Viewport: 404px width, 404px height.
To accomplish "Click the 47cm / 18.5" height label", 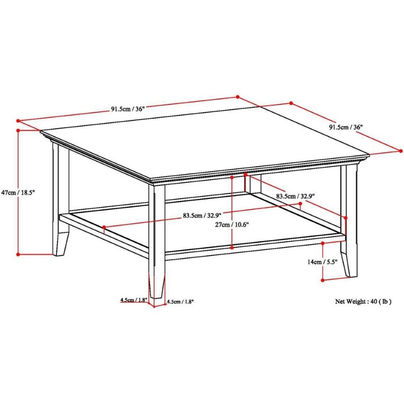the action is tap(18, 192).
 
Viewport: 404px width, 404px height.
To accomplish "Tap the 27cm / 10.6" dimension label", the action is tap(232, 225).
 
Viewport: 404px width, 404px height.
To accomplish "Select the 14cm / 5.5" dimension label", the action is tap(322, 262).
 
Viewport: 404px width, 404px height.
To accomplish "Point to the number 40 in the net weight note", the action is tap(374, 301).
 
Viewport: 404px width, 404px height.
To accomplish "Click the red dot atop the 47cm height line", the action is tap(18, 130).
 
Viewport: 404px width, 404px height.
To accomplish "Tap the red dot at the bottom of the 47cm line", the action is tap(18, 255).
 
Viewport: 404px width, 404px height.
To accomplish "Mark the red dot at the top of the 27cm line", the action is tap(232, 177).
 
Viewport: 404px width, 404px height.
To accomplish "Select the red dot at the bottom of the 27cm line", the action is tap(232, 247).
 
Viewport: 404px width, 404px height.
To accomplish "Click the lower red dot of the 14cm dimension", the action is tap(323, 280).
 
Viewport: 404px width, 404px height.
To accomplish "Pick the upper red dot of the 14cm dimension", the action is tap(323, 243).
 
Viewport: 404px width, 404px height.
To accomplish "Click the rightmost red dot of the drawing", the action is tap(400, 151).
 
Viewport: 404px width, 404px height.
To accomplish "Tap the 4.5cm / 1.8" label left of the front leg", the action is tap(133, 300).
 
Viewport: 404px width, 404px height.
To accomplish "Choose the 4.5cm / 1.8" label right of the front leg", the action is tap(180, 301).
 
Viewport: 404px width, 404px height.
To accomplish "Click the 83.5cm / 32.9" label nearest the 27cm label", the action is tap(202, 215).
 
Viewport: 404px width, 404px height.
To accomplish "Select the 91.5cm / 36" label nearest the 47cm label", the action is tap(128, 109).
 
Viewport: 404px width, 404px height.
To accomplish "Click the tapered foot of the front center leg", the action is tap(157, 286).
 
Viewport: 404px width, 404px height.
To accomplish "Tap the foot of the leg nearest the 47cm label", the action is tap(61, 244).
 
